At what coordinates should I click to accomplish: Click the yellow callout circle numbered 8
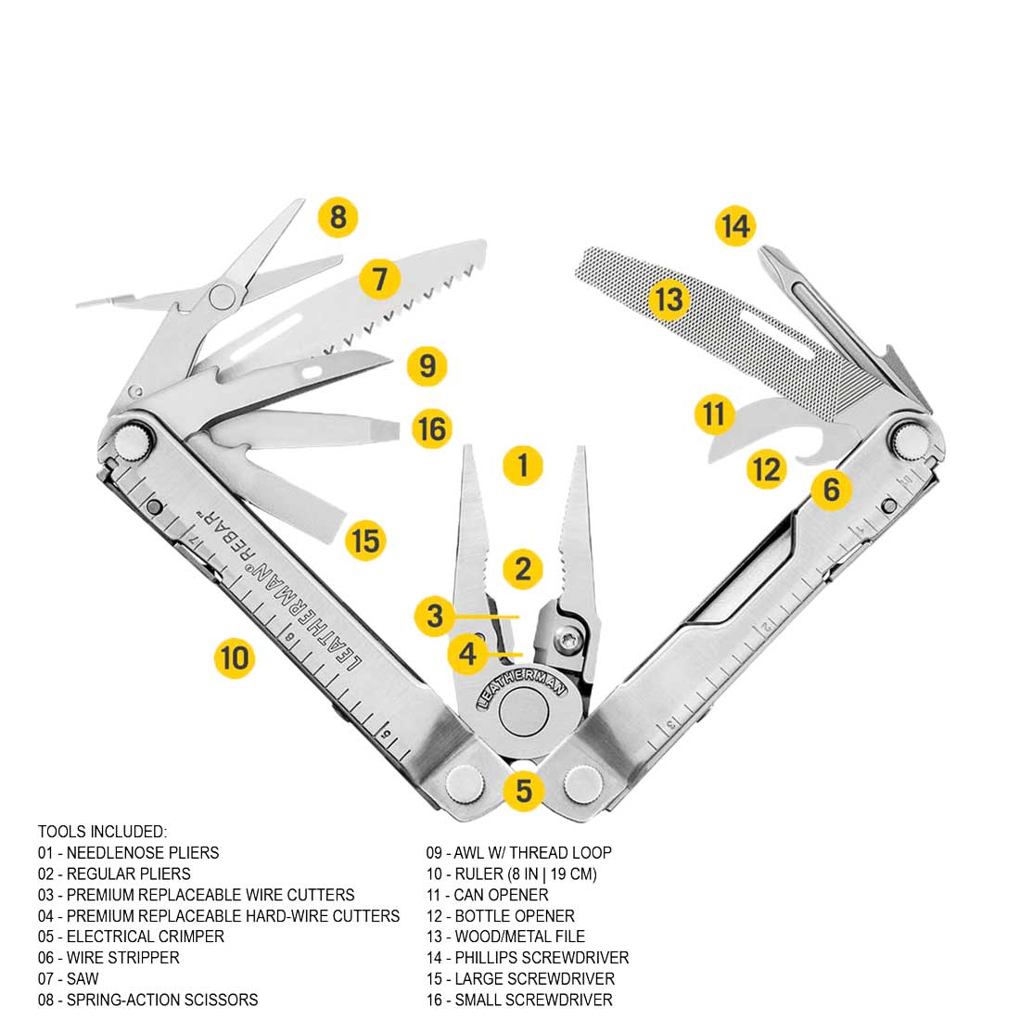click(338, 218)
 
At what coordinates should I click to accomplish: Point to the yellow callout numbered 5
click(524, 791)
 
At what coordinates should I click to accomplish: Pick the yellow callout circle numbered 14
click(735, 226)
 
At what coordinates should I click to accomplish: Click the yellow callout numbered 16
click(432, 429)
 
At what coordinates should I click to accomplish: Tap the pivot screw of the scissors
click(223, 296)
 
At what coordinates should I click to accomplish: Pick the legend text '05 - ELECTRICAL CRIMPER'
click(131, 937)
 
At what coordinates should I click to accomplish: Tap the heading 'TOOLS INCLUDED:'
click(102, 832)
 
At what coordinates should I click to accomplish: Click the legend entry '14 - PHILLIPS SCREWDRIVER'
click(527, 958)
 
